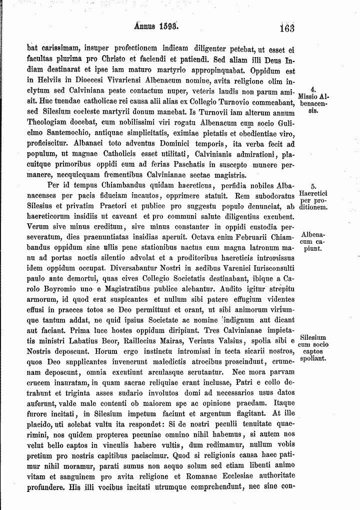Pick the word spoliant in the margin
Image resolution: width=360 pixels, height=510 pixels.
coord(313,359)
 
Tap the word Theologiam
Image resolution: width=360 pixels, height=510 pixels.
coord(47,122)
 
